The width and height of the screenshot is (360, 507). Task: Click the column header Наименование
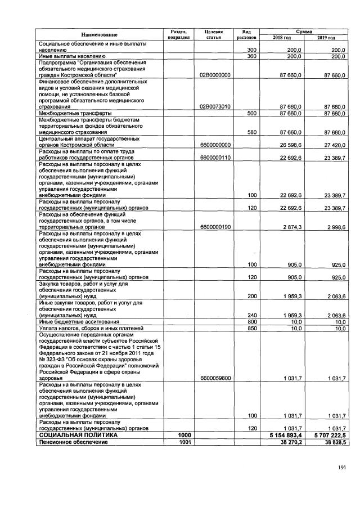(x=99, y=34)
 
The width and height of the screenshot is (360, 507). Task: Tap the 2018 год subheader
(x=281, y=38)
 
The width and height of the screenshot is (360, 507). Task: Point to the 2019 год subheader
(x=326, y=38)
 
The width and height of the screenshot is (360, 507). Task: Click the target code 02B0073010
(x=214, y=106)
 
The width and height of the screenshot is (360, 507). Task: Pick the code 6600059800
(x=214, y=378)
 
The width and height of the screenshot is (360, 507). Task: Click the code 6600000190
(x=214, y=227)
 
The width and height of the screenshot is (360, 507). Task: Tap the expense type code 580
(x=252, y=132)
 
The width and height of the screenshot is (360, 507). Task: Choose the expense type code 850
(x=252, y=328)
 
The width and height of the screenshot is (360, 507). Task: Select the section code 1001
(x=184, y=443)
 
